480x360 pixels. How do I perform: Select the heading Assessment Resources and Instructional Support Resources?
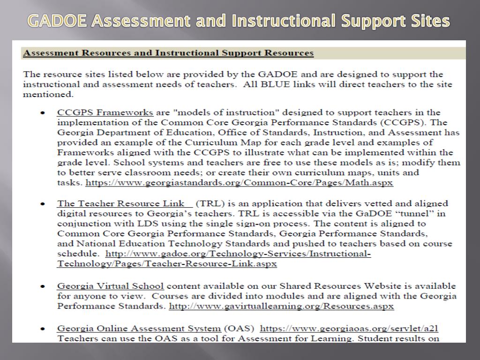click(x=168, y=53)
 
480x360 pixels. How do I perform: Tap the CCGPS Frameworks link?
click(x=105, y=112)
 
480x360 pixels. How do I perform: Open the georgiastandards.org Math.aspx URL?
click(x=239, y=183)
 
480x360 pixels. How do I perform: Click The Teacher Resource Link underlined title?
click(x=124, y=203)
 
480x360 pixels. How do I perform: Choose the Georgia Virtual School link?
click(x=110, y=286)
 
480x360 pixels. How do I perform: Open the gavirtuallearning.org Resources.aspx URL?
click(x=281, y=307)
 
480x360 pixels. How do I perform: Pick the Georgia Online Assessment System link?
click(x=139, y=328)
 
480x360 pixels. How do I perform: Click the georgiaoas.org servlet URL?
click(x=349, y=328)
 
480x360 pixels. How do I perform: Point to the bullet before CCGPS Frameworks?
click(x=43, y=113)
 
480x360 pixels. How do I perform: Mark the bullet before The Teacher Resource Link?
click(x=43, y=204)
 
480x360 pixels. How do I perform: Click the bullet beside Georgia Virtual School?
click(x=43, y=286)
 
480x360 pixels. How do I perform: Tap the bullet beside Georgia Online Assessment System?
click(x=43, y=329)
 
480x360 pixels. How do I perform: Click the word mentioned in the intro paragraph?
click(x=48, y=94)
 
